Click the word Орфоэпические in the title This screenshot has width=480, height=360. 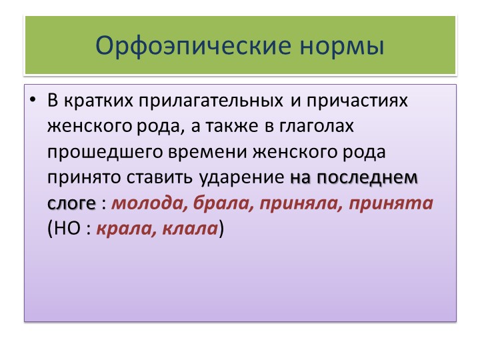[x=193, y=46]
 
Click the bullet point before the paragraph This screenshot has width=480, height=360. [x=33, y=100]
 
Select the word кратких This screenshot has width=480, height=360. [x=99, y=101]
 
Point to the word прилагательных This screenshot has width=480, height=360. [x=211, y=101]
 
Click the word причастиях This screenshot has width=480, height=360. [x=357, y=101]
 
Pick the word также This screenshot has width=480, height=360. [x=232, y=126]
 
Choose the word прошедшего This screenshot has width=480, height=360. [x=105, y=153]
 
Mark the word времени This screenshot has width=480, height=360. [x=207, y=152]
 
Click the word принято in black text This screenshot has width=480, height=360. [x=84, y=178]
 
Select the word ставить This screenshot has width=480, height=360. [x=159, y=177]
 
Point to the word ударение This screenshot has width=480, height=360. [x=241, y=178]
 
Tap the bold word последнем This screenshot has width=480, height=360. [x=367, y=177]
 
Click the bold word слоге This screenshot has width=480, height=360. [x=71, y=203]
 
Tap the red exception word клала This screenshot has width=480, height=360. [x=190, y=229]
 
